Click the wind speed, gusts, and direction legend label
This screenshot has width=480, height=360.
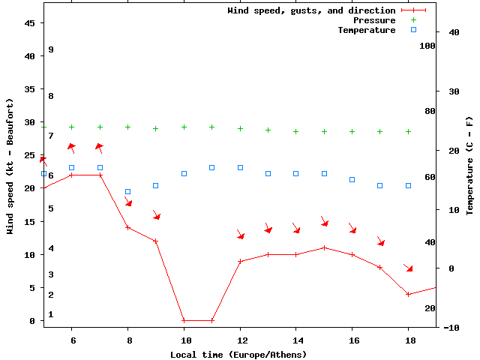pos(311,10)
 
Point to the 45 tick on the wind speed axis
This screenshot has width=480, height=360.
pos(30,23)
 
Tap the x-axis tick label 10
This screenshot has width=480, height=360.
pos(184,340)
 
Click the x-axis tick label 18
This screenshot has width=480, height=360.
pos(408,340)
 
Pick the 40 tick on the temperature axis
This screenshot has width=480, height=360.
pos(454,32)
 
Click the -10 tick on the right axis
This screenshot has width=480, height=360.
pos(451,328)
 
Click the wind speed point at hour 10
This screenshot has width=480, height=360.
pos(184,320)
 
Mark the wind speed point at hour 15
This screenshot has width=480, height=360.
pos(324,247)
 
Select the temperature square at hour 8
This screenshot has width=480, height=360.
pos(127,191)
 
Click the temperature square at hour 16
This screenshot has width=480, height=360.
pos(352,179)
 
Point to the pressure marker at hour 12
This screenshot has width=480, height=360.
pos(240,128)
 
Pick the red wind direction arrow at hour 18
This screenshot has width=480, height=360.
pos(408,268)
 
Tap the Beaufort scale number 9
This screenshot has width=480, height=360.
pos(51,49)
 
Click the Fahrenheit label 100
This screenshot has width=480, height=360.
pos(428,46)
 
